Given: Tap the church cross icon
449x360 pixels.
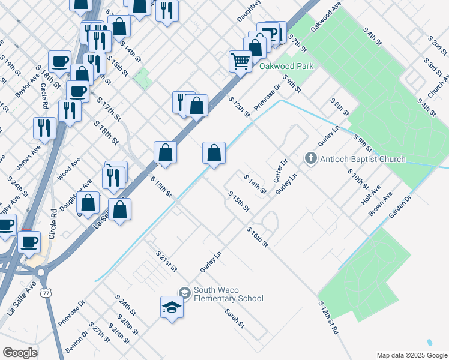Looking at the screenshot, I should tap(310, 159).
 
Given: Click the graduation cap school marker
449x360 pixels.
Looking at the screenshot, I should tap(172, 307).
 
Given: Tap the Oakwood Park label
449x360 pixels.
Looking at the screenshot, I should tap(286, 66).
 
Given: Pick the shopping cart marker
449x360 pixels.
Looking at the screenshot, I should tap(240, 61).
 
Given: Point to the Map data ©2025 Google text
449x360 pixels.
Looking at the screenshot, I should tap(411, 355).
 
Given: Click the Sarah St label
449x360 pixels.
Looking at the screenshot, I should tap(235, 318).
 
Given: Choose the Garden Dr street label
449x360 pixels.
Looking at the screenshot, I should tap(400, 206).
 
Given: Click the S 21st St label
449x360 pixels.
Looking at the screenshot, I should tap(166, 261).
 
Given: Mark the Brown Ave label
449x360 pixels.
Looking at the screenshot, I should tap(380, 204).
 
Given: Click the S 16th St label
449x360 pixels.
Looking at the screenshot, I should tap(256, 236).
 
